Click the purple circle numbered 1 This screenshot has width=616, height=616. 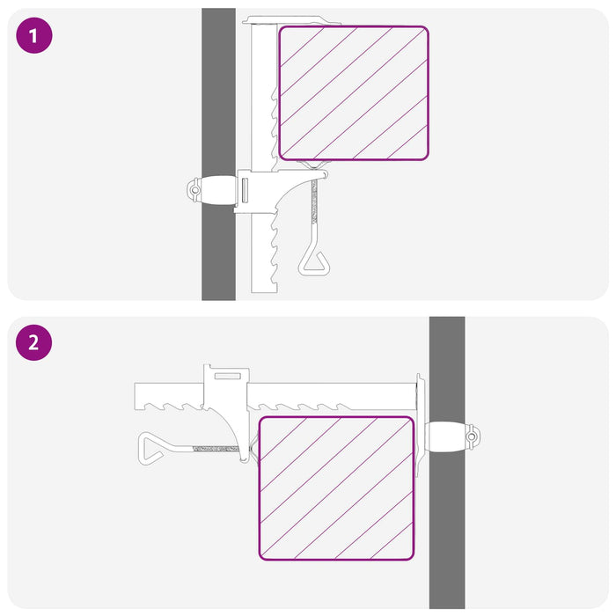[34, 35]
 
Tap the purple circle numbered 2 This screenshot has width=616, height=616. [33, 342]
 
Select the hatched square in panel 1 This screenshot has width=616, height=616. [354, 93]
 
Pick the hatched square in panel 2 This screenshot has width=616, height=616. [336, 488]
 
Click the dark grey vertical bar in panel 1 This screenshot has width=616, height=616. [218, 154]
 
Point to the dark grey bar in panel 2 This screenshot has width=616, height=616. [447, 462]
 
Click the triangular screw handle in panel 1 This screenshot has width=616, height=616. [314, 262]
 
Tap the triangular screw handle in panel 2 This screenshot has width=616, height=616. [151, 449]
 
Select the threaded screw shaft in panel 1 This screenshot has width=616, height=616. [314, 202]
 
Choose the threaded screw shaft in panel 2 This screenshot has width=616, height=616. [216, 449]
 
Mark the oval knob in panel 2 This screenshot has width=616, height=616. [447, 436]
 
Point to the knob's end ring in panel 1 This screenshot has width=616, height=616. [194, 190]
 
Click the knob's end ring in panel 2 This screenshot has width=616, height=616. [473, 436]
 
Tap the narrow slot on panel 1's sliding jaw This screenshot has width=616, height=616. [245, 191]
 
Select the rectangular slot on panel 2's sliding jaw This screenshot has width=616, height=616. [227, 376]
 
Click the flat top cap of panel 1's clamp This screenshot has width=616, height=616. [290, 20]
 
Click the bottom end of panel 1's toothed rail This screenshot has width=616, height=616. [264, 292]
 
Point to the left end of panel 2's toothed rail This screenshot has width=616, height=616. [135, 396]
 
